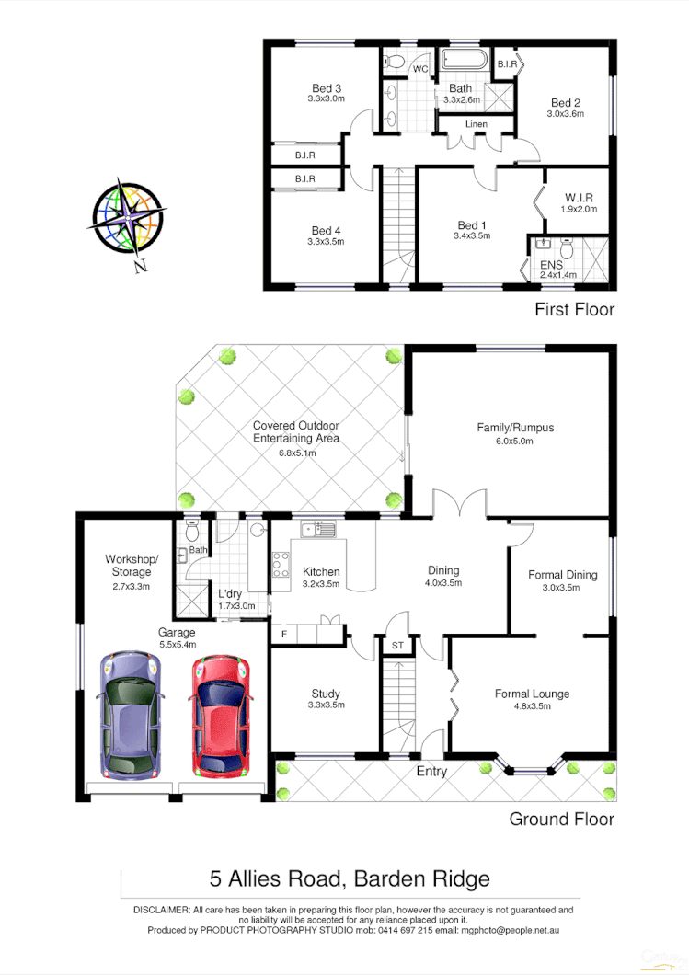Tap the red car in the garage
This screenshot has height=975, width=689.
[221, 716]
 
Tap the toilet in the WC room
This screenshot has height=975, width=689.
[395, 61]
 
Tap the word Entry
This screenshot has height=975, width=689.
[431, 771]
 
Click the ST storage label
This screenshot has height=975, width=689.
[397, 646]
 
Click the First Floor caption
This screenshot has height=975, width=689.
[574, 310]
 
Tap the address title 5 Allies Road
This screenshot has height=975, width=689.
[350, 878]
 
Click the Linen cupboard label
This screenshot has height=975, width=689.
[476, 124]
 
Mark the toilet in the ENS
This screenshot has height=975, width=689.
[568, 248]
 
